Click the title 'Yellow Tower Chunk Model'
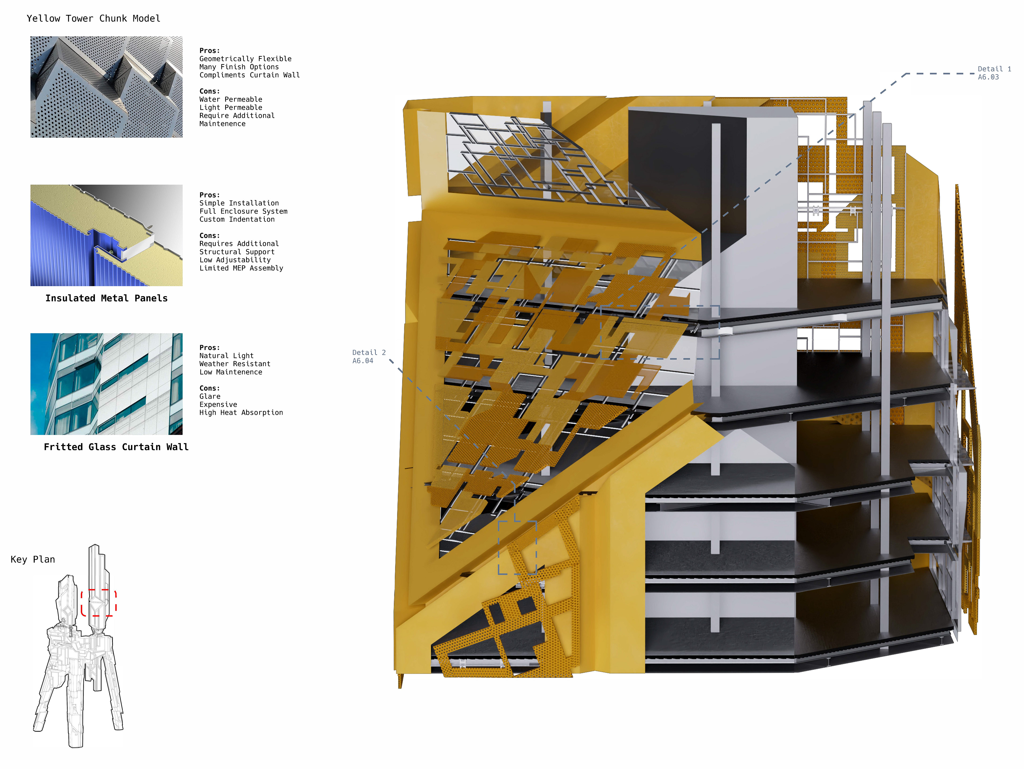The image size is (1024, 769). tap(94, 18)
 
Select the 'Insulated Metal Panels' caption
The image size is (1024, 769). tap(106, 298)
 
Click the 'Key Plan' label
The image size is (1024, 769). tap(33, 559)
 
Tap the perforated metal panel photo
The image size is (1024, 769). tap(106, 87)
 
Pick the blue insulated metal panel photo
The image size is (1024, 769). tap(106, 235)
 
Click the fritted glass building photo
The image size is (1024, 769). tap(106, 384)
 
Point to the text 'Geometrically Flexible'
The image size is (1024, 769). tap(245, 59)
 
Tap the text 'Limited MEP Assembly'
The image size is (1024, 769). tap(241, 268)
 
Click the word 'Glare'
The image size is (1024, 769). tap(210, 396)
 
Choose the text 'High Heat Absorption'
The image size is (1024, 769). tap(241, 413)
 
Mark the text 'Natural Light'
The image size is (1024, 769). tap(226, 356)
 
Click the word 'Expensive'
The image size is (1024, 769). tap(218, 405)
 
